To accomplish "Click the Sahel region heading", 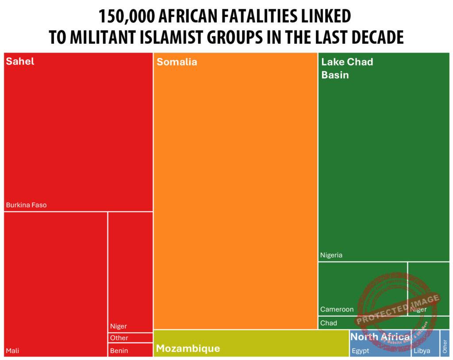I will tap(20, 61).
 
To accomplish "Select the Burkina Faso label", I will tap(26, 205).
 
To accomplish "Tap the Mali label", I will tap(12, 351).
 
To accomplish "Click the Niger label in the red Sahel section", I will tap(119, 326).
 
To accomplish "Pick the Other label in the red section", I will tap(119, 338).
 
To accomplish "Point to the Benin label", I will tap(119, 351).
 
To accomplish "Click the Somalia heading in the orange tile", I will tap(177, 62).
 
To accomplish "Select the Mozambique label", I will tap(188, 349).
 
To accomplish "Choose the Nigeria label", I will tap(331, 255).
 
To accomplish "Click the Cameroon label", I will tap(337, 310).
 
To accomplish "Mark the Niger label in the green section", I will tap(418, 310).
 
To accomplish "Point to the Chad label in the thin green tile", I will tap(329, 323).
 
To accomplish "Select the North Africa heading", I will tap(380, 337).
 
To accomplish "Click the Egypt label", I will tap(360, 351).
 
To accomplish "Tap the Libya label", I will tap(422, 351).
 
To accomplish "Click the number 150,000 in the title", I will tap(126, 17).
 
